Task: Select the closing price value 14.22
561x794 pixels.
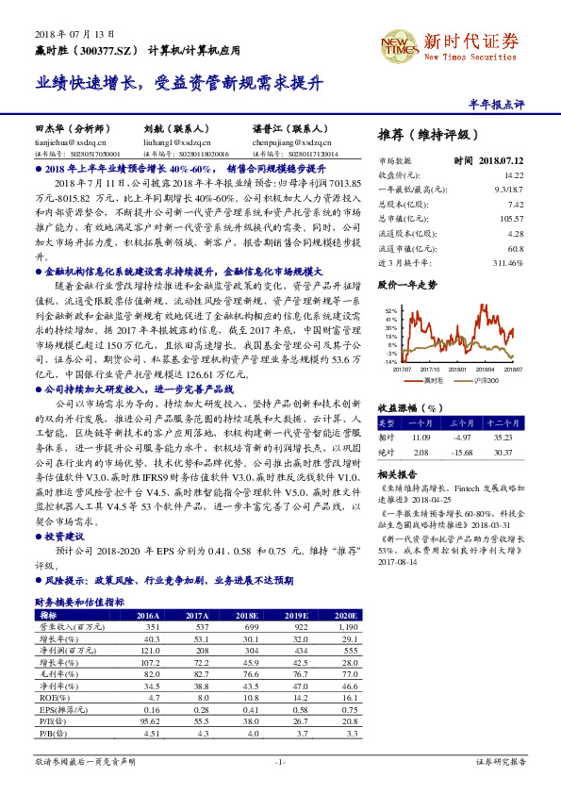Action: pyautogui.click(x=514, y=175)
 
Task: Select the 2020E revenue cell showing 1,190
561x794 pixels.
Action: pyautogui.click(x=345, y=626)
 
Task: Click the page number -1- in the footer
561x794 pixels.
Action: pyautogui.click(x=279, y=760)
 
